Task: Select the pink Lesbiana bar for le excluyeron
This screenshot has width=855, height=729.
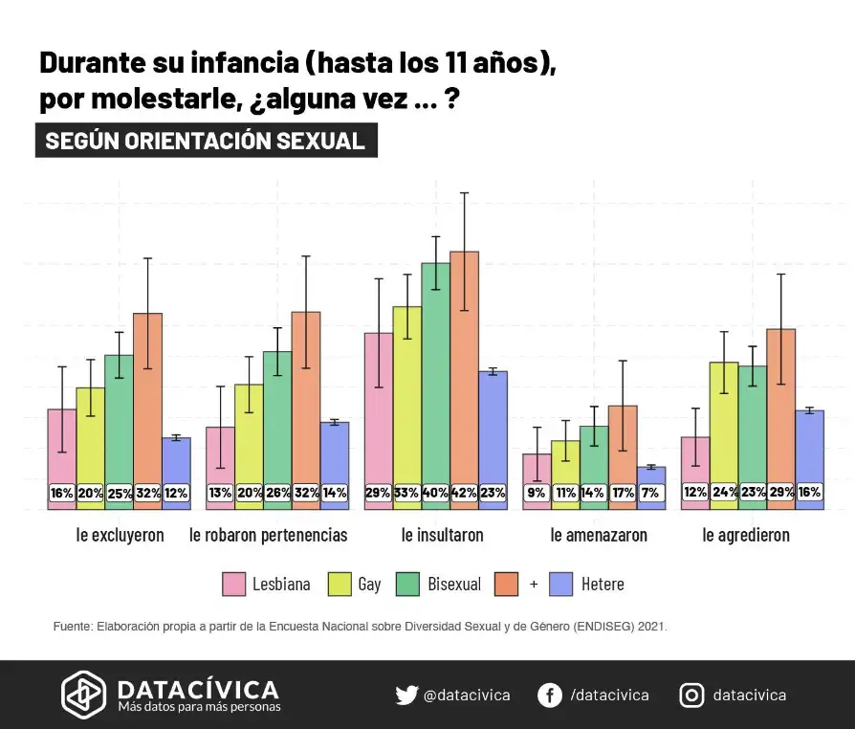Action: (x=62, y=450)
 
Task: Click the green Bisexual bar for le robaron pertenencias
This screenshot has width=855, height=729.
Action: (x=277, y=421)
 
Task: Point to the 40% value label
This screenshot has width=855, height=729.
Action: (x=436, y=493)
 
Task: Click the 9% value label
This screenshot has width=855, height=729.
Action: (x=537, y=493)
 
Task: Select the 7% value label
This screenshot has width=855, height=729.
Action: (x=650, y=493)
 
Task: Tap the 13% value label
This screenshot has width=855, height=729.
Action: (x=220, y=493)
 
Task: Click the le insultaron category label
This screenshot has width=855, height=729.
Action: (x=443, y=535)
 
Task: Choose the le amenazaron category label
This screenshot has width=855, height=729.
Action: (x=599, y=535)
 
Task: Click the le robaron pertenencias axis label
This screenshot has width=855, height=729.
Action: (x=269, y=535)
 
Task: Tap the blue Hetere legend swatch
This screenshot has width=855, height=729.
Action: (x=563, y=584)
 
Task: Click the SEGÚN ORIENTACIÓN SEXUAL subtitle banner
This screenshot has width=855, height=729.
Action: (x=206, y=141)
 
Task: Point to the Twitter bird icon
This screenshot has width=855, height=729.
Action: (x=406, y=696)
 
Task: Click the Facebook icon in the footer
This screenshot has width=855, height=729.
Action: (x=549, y=696)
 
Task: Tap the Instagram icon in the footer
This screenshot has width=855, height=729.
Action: (x=691, y=696)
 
